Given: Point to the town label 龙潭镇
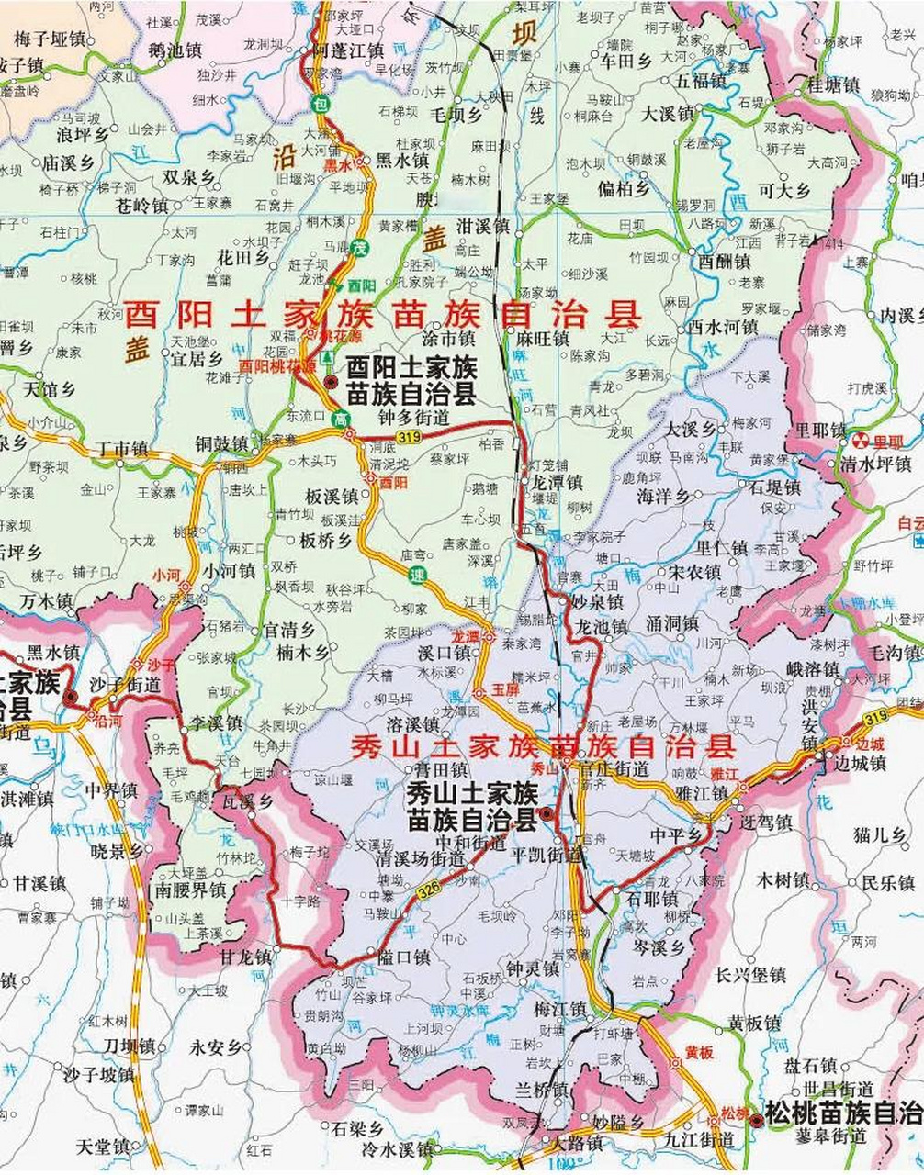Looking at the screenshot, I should click(x=557, y=482).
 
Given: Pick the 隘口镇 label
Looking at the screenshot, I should click(x=403, y=957).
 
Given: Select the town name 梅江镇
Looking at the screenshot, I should click(x=559, y=1008).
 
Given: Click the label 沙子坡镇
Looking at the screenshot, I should click(x=98, y=1074).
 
